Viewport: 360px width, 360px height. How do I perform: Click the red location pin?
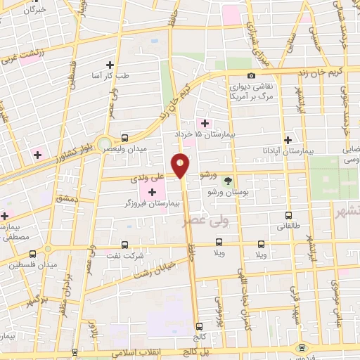pos(181,165)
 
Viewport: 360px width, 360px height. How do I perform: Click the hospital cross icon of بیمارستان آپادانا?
pos(288,139)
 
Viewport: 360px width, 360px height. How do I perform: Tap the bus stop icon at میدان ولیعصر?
pos(124,139)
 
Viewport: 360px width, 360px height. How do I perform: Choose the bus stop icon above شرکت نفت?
pos(124,245)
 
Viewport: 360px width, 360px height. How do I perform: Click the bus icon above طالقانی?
pos(288,216)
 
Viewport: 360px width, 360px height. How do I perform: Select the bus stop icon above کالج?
pos(200,326)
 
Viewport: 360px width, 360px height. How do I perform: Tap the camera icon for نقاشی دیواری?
pos(251,76)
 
